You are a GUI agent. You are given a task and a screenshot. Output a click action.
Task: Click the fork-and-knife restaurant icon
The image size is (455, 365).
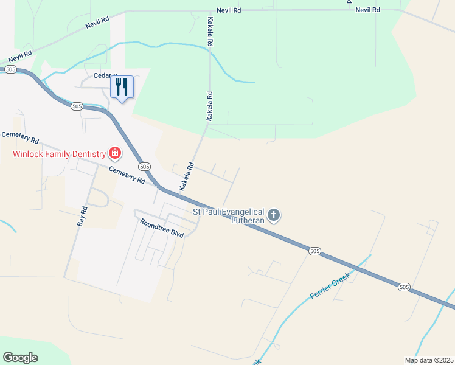(x=122, y=88)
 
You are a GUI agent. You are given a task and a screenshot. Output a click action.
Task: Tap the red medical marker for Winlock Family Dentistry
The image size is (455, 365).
(x=114, y=152)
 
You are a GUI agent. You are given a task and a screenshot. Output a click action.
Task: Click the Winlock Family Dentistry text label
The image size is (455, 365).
(x=58, y=153)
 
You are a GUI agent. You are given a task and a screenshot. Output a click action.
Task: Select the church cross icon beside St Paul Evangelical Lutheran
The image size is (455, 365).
(x=274, y=214)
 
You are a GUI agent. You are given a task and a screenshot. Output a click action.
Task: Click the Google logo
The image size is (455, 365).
(x=20, y=358)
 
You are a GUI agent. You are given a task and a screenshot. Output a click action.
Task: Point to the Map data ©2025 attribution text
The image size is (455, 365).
(x=429, y=360)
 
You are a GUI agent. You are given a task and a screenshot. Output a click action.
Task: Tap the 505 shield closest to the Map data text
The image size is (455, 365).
(x=405, y=287)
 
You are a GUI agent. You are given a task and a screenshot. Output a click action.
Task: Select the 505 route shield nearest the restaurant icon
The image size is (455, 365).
(x=76, y=106)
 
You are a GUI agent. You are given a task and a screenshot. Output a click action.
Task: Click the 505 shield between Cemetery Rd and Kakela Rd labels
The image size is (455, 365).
(x=144, y=166)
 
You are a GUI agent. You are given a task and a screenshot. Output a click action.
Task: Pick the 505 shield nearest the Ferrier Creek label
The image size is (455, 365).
(x=314, y=251)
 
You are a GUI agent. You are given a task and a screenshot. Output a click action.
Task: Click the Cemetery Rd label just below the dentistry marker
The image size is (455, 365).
(x=127, y=175)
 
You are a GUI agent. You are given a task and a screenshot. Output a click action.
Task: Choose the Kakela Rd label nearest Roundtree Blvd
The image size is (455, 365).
(x=186, y=177)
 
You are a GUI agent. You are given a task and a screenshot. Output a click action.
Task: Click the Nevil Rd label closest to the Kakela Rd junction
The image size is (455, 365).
(x=229, y=10)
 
